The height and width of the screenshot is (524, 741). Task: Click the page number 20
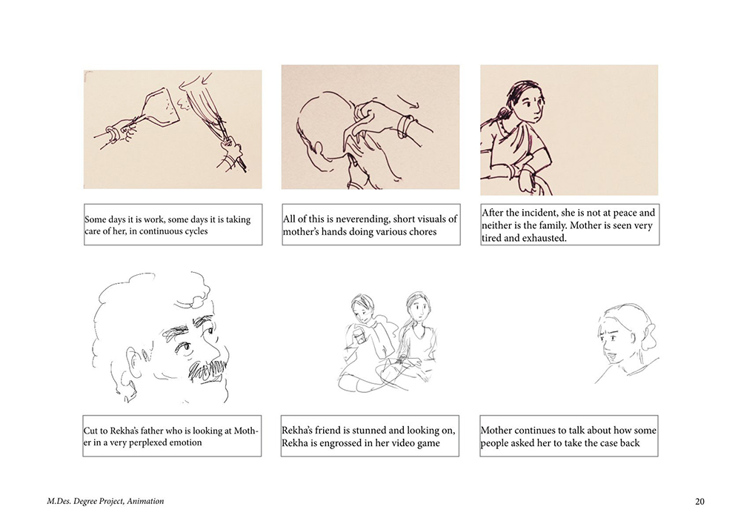700,501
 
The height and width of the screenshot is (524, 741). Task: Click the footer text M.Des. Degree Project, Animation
105,501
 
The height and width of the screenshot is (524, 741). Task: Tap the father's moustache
207,370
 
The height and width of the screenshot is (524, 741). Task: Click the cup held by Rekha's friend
361,337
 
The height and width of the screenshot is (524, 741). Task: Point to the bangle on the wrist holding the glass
113,133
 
